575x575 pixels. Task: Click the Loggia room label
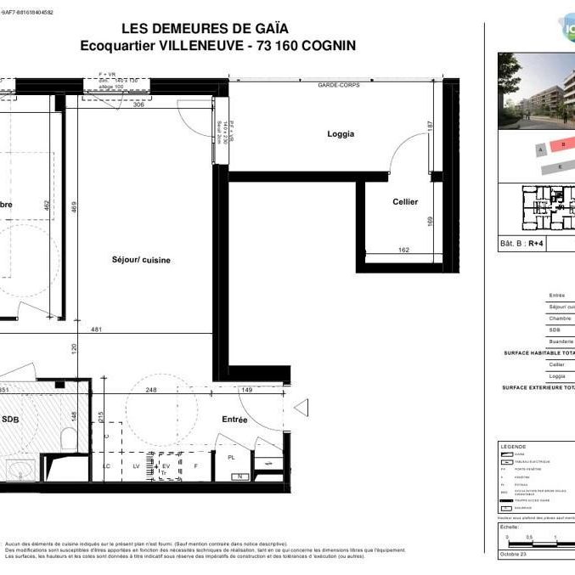[x=341, y=134]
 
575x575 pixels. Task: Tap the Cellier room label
[x=404, y=201]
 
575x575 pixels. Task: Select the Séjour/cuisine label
[x=140, y=260]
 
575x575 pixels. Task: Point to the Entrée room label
[x=234, y=420]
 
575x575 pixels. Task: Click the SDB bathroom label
[x=10, y=420]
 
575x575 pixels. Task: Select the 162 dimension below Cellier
[x=403, y=251]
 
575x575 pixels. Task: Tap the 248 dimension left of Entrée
[x=152, y=391]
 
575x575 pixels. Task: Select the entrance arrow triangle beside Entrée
[x=299, y=410]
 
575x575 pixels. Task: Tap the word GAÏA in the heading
[x=271, y=29]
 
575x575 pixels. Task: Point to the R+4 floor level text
[x=536, y=242]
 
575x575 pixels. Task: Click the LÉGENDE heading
[x=514, y=447]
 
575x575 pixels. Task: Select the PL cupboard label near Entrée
[x=231, y=457]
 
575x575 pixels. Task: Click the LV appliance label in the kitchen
[x=135, y=466]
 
